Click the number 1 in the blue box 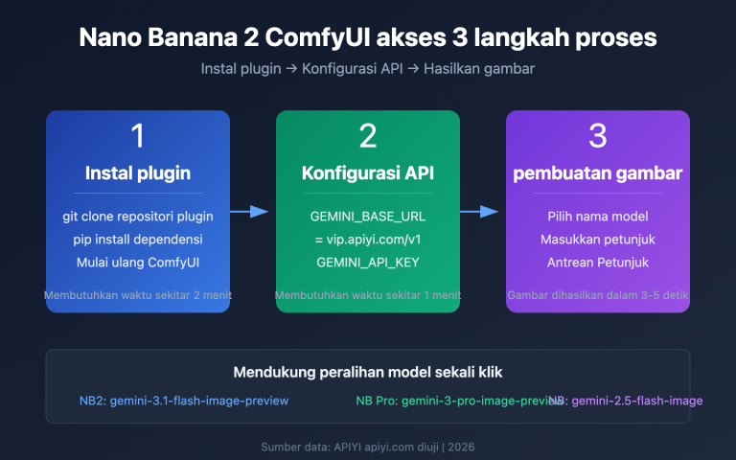click(138, 136)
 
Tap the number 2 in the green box click(368, 136)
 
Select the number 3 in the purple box click(598, 136)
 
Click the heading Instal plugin click(138, 173)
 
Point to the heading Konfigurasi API click(368, 173)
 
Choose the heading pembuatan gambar click(598, 173)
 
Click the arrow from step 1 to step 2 click(253, 212)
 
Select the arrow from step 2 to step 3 click(483, 212)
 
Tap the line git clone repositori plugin click(138, 216)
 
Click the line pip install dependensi click(138, 239)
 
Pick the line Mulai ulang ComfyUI click(138, 262)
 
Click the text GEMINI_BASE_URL click(368, 216)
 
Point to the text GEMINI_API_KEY click(368, 262)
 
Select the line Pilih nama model click(598, 216)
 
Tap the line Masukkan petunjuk click(598, 239)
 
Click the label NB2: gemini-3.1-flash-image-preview click(184, 401)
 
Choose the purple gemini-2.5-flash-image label click(637, 401)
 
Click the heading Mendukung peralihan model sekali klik click(368, 372)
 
